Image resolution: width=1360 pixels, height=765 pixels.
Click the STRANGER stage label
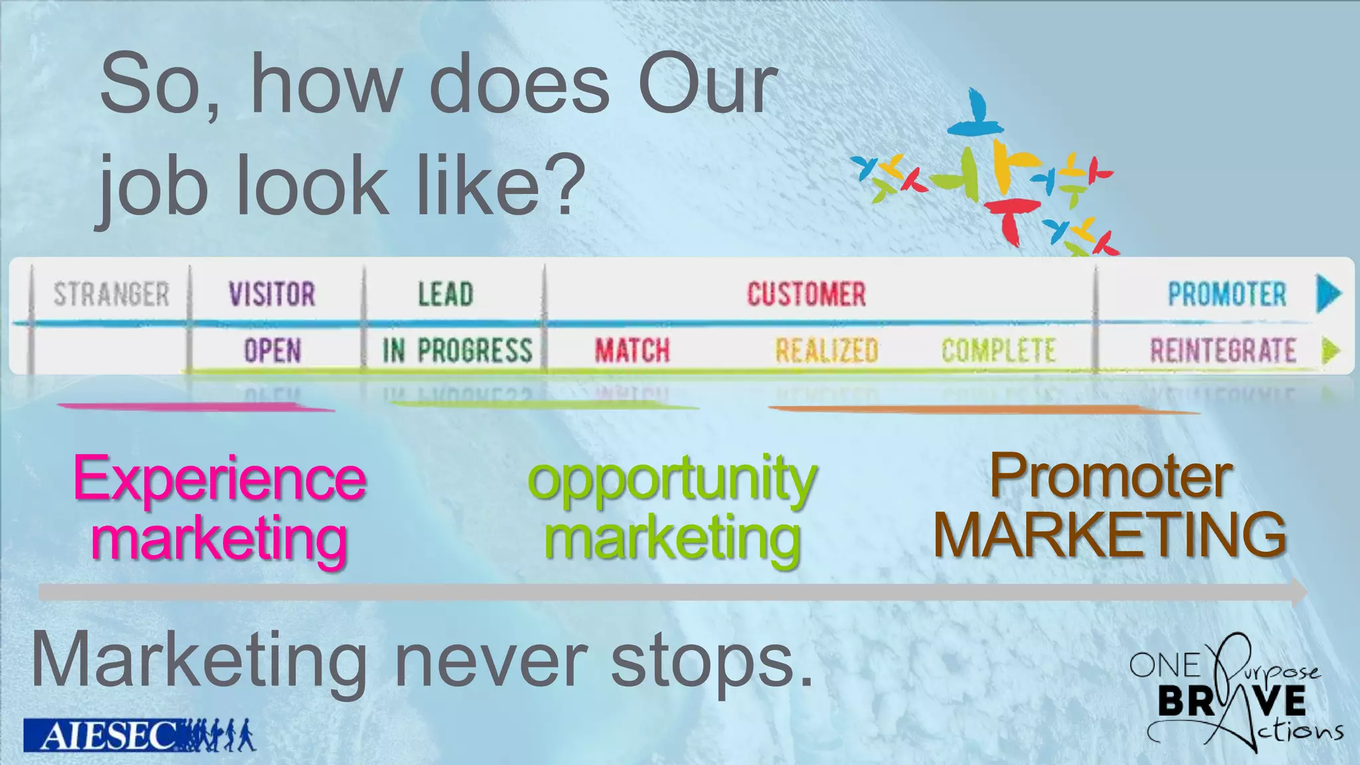click(x=112, y=294)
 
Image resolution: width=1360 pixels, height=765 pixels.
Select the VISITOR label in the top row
click(x=272, y=294)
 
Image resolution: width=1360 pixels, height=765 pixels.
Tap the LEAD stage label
click(x=446, y=294)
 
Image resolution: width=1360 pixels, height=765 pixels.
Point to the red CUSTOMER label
click(x=806, y=294)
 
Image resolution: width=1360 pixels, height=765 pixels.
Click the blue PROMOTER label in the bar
click(x=1227, y=294)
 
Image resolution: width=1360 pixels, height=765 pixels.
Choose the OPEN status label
click(x=272, y=351)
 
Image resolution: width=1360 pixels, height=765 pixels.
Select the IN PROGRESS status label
click(x=457, y=351)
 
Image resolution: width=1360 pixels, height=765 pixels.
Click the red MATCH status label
click(x=632, y=351)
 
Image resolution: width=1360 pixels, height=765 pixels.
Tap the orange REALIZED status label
click(x=827, y=351)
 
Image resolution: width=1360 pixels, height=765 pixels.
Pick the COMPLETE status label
click(x=998, y=351)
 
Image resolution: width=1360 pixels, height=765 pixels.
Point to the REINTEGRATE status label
click(x=1223, y=351)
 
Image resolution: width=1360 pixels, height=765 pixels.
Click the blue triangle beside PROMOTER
click(x=1328, y=294)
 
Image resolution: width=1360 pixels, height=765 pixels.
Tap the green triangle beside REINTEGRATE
click(x=1330, y=350)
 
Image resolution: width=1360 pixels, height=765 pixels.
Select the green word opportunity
click(x=672, y=479)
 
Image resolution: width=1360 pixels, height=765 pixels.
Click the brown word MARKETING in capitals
click(x=1110, y=535)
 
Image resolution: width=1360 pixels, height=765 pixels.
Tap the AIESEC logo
click(x=100, y=735)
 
